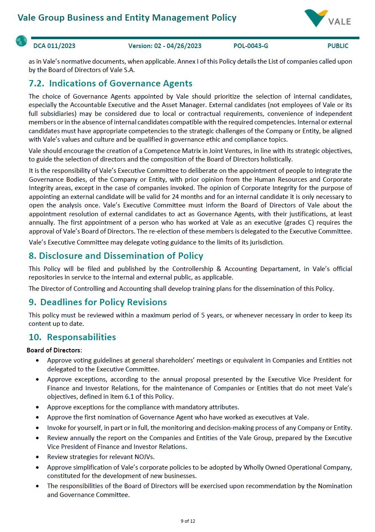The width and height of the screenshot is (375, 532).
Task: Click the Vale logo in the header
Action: coord(327,18)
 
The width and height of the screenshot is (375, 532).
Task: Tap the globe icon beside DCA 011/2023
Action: coord(21,41)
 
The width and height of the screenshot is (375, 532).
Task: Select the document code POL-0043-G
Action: coord(251,46)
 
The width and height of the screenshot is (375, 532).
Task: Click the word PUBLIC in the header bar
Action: coord(338,46)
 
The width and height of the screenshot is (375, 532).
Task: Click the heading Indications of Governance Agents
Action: coord(121,83)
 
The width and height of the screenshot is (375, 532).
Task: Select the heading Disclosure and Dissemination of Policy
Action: coord(121,256)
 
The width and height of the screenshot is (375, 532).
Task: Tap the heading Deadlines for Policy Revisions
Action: coord(104,302)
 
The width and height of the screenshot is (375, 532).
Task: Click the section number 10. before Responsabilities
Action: coord(35,337)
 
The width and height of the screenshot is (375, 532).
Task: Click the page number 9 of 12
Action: coord(188,521)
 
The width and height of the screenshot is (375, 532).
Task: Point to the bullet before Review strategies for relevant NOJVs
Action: coord(38,457)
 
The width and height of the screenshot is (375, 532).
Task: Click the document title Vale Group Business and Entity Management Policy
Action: coord(127,18)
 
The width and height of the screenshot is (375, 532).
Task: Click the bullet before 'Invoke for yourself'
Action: coord(38,428)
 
